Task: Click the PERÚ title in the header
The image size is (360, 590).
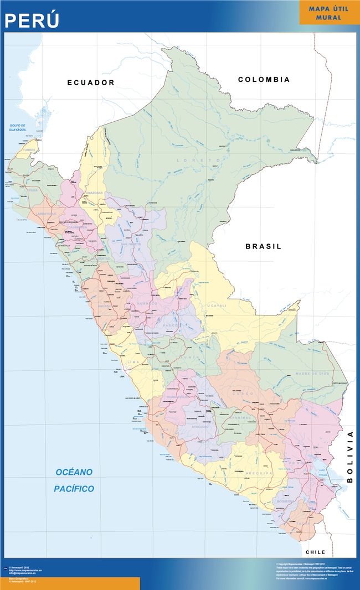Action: (32, 20)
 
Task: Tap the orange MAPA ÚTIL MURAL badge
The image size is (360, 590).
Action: (329, 13)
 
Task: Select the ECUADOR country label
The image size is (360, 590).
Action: (91, 82)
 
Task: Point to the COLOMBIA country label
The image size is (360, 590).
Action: (264, 80)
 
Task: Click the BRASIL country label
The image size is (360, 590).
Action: (264, 246)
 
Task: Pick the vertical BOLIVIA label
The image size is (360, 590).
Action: (349, 457)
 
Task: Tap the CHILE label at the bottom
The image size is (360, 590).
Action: (316, 552)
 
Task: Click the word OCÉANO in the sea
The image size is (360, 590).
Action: (74, 472)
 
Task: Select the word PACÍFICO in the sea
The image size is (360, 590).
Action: (74, 489)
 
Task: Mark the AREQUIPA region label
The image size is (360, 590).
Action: (256, 474)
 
